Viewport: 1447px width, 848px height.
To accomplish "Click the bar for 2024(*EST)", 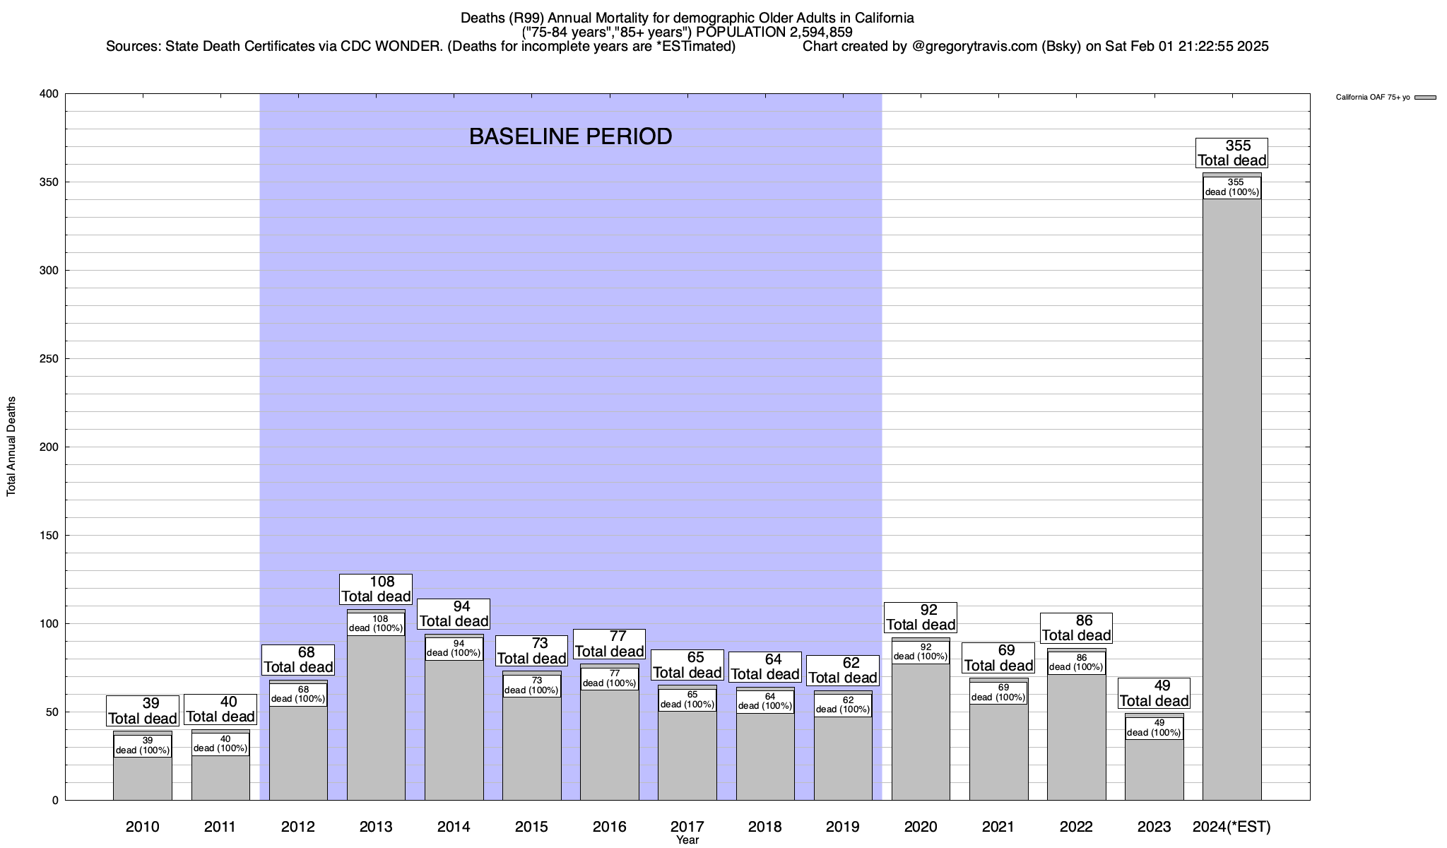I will point(1232,495).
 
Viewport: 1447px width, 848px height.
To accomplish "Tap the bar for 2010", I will point(143,777).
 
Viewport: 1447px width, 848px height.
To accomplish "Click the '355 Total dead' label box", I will point(1232,153).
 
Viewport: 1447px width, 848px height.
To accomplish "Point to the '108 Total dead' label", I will point(376,589).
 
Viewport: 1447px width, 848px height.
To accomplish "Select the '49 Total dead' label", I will point(1154,693).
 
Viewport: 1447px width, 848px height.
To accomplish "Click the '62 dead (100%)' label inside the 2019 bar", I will point(843,705).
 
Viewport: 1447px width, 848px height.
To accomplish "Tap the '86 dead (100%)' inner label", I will point(1076,663).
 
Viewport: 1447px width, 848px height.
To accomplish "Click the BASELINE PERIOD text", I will point(570,136).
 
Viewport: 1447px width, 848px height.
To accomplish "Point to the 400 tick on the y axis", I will point(49,94).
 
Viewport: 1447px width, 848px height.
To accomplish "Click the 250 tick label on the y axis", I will point(49,359).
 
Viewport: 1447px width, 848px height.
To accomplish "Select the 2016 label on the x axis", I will point(609,827).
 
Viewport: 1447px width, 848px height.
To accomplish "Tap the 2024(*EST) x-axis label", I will point(1232,827).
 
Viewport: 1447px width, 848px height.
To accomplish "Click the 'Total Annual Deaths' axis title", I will point(11,447).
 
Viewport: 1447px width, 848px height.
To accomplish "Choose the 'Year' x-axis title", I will point(687,840).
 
